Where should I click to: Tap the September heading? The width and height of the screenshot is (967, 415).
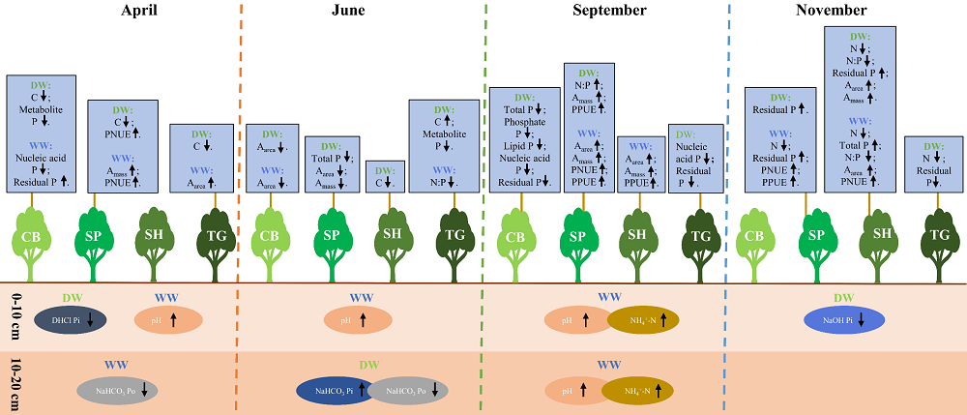click(608, 11)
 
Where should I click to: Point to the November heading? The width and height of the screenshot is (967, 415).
click(831, 11)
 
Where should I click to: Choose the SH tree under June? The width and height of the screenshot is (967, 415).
click(393, 237)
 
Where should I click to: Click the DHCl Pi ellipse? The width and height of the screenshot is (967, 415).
click(70, 319)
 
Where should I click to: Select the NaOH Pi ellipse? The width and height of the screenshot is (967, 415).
click(845, 320)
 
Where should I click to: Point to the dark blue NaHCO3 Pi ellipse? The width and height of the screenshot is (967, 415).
click(337, 390)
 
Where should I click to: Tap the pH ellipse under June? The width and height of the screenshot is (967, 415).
click(358, 320)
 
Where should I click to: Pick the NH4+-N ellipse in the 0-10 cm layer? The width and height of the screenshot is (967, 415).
click(643, 320)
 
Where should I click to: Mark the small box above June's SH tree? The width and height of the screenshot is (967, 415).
click(385, 176)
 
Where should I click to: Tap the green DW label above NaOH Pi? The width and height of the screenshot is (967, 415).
click(844, 298)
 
